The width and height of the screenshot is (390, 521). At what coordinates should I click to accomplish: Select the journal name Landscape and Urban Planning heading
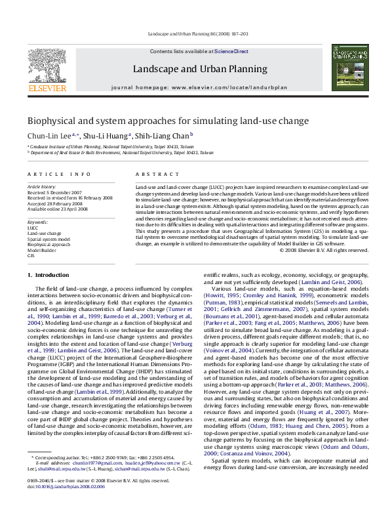pos(200,69)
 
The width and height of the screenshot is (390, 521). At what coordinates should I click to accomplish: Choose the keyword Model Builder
pos(42,250)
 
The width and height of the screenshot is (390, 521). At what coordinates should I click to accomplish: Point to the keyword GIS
pos(31,256)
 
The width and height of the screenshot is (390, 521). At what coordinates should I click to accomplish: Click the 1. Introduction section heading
pos(52,275)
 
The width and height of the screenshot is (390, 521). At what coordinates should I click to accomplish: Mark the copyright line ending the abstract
pos(324,250)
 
